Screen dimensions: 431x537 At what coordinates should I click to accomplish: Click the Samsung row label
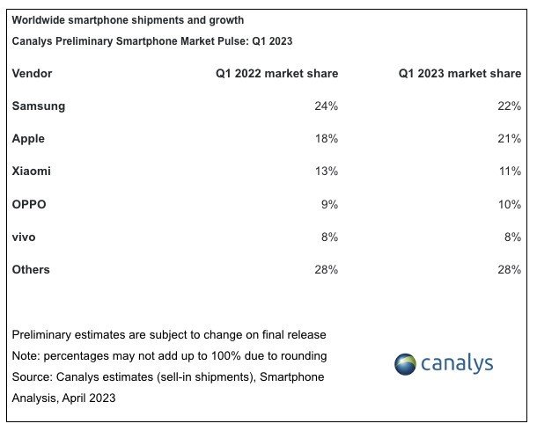point(39,106)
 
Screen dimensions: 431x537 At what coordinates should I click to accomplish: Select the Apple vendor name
point(28,138)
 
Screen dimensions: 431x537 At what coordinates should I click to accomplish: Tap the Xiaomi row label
point(31,172)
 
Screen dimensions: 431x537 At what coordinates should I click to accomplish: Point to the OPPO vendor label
point(29,204)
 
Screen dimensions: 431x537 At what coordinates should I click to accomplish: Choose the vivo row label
point(24,237)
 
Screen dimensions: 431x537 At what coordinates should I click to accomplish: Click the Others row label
point(31,269)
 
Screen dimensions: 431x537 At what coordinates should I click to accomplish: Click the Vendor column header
point(32,74)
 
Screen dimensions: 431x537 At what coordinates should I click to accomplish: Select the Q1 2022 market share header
point(276,74)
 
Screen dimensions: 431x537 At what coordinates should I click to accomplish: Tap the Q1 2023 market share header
point(460,74)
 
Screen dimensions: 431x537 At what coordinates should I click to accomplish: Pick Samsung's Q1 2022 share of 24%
point(327,106)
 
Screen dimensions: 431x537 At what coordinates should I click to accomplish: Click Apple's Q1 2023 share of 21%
point(510,138)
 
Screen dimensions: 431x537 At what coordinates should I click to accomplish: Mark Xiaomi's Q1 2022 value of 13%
point(327,172)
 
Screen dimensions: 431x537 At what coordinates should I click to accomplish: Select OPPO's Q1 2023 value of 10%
point(510,204)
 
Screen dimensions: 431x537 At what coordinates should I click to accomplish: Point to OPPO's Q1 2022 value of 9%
point(330,204)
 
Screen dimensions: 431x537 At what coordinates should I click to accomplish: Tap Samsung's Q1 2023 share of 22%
point(510,106)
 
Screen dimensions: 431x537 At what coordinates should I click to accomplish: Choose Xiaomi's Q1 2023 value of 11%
point(510,172)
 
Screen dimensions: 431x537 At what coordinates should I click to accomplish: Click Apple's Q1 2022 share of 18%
point(327,138)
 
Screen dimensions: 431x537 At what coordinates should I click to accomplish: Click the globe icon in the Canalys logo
point(406,363)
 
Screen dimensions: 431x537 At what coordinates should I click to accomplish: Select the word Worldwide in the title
point(40,19)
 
